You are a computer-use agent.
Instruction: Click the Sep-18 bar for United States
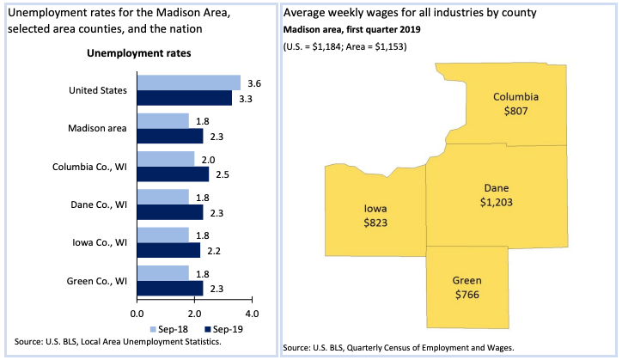tap(188, 82)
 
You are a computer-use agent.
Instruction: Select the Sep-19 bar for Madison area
tap(169, 136)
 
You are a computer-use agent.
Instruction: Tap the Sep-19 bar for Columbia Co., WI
tap(172, 174)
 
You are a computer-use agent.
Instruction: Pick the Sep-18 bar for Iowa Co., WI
tap(162, 235)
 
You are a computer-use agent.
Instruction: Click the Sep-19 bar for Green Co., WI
tap(169, 287)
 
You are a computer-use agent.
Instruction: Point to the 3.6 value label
tap(253, 82)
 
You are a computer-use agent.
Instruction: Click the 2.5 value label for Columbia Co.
tap(221, 174)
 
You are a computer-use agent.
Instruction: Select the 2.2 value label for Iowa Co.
tap(212, 250)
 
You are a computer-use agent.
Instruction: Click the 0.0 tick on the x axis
tap(137, 313)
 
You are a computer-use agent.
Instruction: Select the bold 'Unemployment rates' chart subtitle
tap(139, 53)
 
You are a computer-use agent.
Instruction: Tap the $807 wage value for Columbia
tap(515, 111)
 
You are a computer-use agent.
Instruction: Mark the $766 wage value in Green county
tap(467, 295)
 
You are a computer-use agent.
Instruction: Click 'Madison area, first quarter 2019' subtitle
tap(354, 30)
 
